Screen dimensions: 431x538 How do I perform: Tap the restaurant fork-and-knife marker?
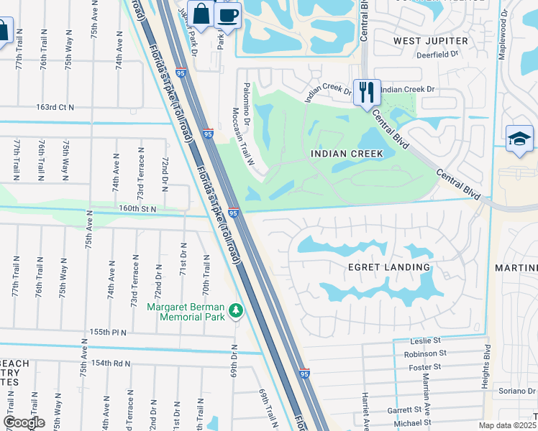(x=367, y=91)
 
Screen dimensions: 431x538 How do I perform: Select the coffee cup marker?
(x=228, y=15)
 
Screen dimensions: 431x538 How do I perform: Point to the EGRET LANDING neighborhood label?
(x=389, y=267)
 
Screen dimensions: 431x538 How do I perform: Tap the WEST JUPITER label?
(x=430, y=41)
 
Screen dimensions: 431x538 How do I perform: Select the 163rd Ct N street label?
(x=55, y=107)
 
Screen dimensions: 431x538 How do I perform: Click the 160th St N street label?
(x=137, y=208)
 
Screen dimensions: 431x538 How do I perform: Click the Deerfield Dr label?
(x=442, y=55)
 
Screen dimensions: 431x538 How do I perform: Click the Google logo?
(x=24, y=422)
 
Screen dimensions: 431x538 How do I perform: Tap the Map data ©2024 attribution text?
(x=507, y=425)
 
